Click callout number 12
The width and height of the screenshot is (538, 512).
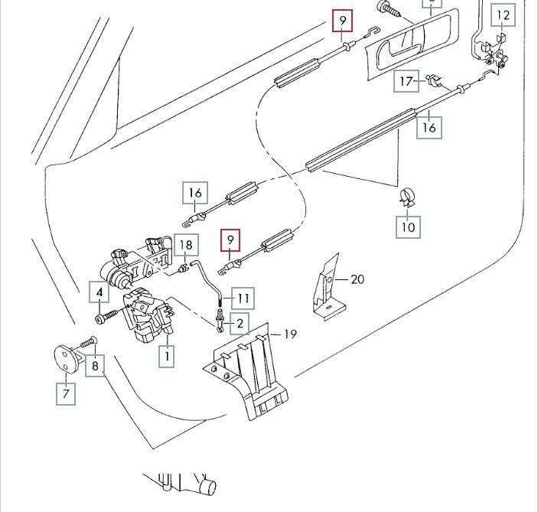(503, 15)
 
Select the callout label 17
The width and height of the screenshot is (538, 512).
(406, 80)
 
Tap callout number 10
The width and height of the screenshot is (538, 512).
(407, 227)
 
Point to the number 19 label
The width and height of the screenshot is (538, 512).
(290, 334)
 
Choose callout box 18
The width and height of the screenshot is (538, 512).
(186, 246)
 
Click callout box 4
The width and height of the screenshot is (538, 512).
(99, 292)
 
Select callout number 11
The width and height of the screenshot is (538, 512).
(243, 297)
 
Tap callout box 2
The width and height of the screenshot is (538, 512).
(240, 324)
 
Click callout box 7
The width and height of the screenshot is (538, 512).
(65, 394)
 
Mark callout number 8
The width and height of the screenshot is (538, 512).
(96, 366)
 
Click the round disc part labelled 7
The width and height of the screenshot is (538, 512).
(67, 359)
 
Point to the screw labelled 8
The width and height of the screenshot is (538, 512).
(86, 341)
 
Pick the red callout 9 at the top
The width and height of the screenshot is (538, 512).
(343, 19)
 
